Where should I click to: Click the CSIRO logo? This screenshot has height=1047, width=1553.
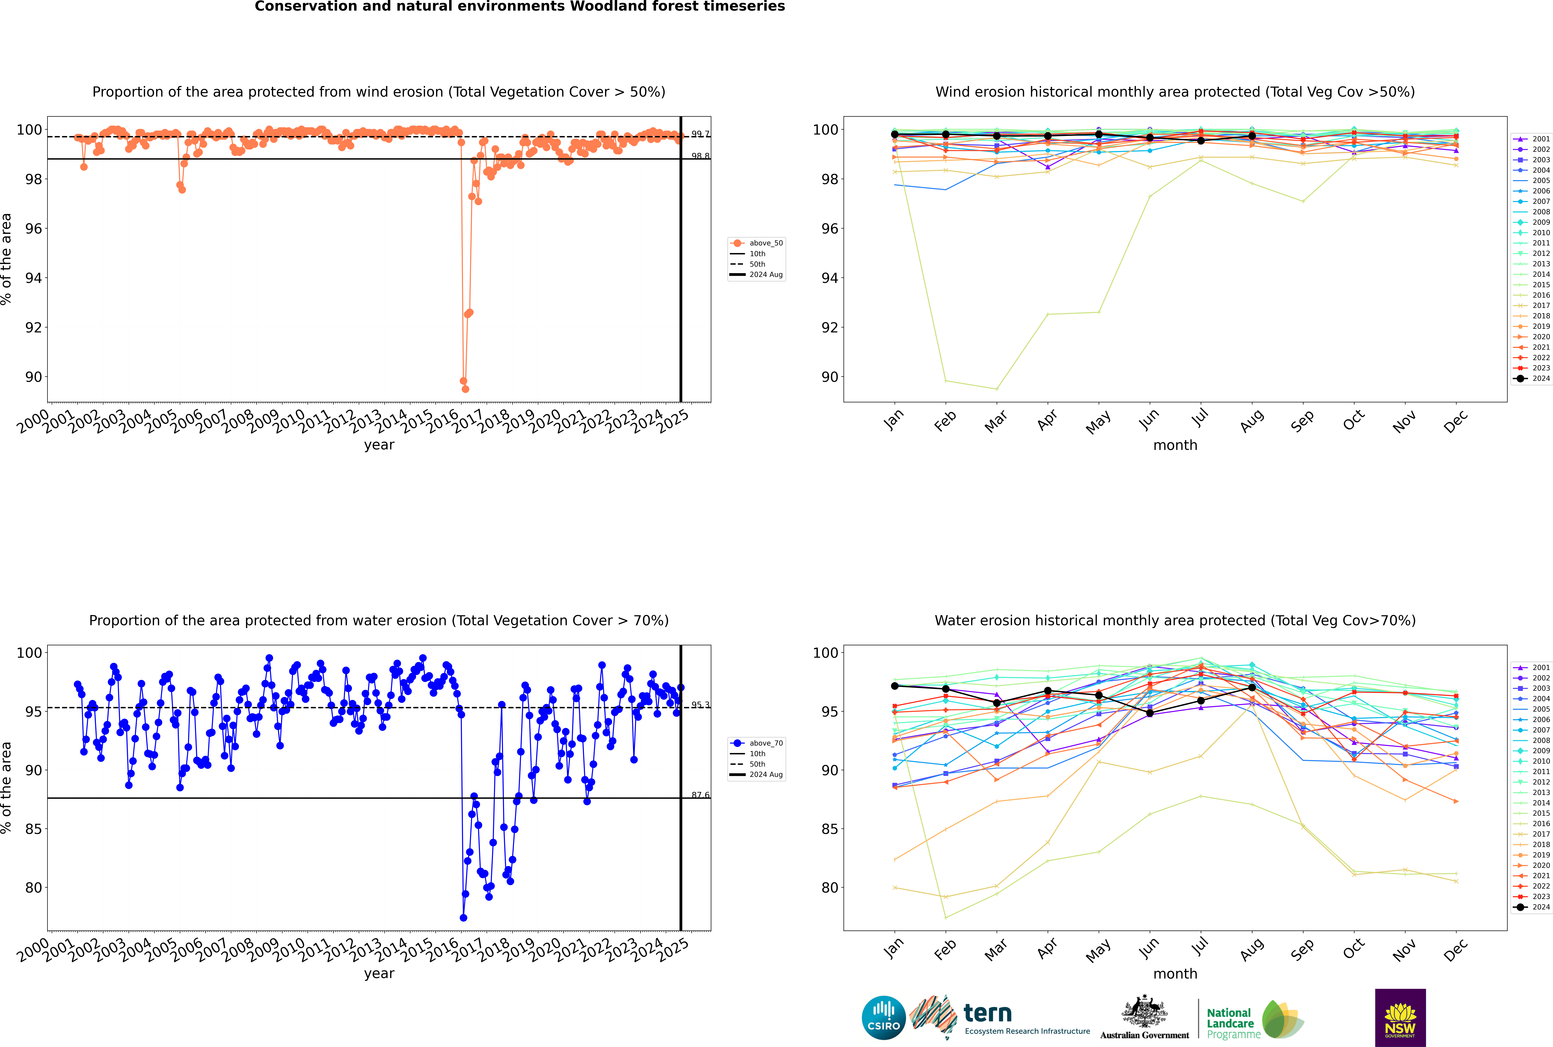click(883, 1018)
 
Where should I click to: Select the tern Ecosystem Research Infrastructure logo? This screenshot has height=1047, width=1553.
click(1001, 1018)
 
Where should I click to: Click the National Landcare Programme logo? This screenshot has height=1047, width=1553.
click(1254, 1020)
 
